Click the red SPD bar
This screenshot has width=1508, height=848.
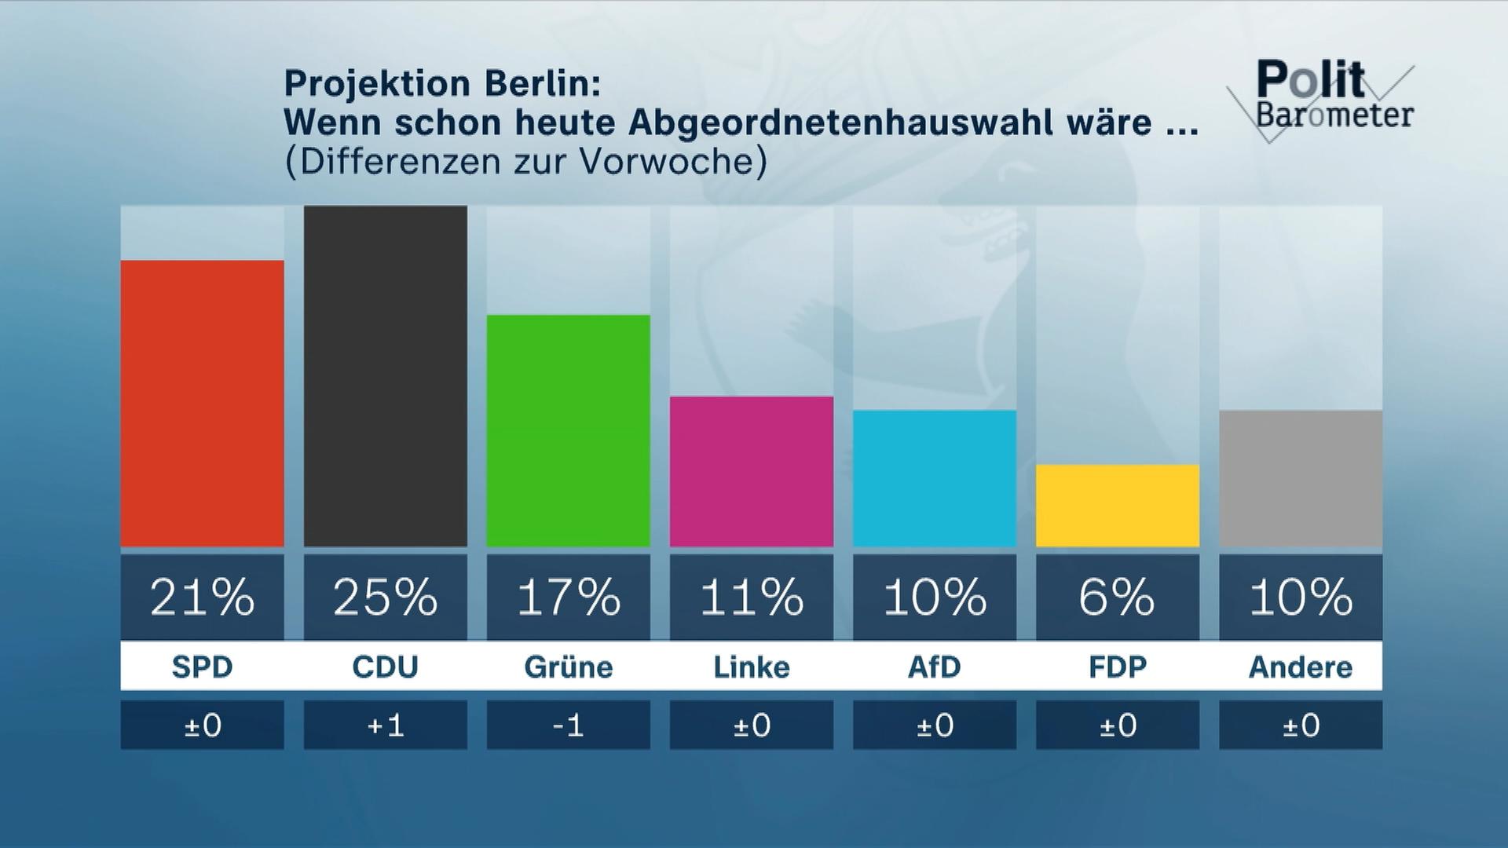click(202, 404)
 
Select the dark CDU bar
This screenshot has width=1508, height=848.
click(385, 376)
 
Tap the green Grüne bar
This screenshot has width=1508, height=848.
click(568, 431)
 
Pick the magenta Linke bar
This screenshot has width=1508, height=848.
click(751, 472)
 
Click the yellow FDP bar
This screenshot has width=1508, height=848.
click(1117, 506)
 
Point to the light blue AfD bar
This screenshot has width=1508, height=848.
click(934, 478)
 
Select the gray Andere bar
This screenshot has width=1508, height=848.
click(1300, 478)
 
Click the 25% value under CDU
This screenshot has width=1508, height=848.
click(385, 598)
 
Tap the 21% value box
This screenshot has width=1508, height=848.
click(202, 598)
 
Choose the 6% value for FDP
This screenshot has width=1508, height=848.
click(1117, 598)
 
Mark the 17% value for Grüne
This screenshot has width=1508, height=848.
click(568, 598)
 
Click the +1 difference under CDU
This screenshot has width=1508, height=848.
click(385, 725)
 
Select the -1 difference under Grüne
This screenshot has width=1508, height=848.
click(568, 725)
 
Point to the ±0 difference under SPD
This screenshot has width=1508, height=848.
click(202, 725)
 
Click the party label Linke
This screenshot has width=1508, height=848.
click(751, 667)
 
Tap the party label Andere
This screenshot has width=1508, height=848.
click(1300, 667)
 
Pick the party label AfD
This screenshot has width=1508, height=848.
click(934, 667)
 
